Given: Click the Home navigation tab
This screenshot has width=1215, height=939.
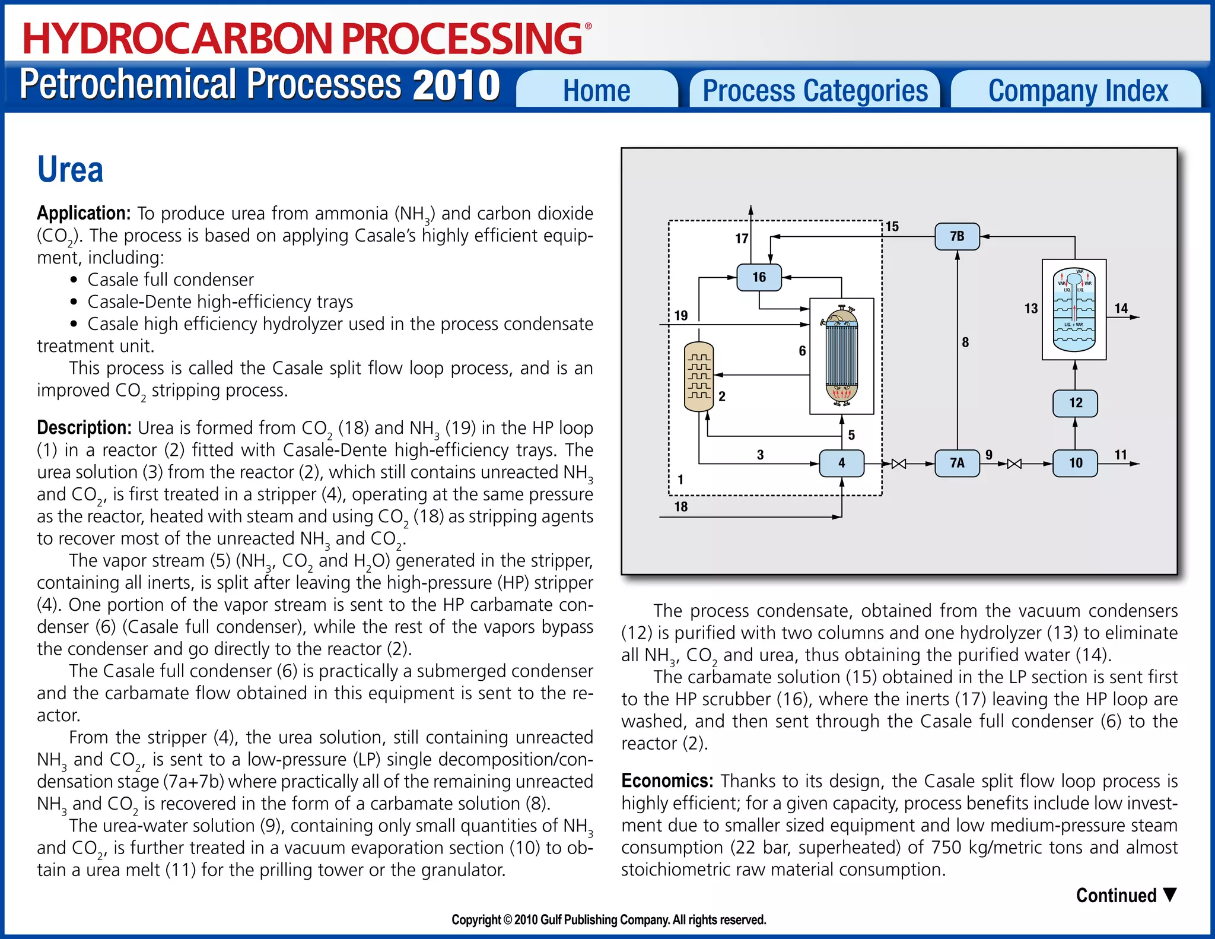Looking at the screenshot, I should click(596, 90).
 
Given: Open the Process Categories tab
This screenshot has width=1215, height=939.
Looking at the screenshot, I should click(815, 90).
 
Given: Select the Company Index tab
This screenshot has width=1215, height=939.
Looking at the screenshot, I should click(1077, 90).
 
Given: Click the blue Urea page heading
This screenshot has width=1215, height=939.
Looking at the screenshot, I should click(70, 170).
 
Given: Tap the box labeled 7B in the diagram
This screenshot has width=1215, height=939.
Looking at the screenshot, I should click(957, 236).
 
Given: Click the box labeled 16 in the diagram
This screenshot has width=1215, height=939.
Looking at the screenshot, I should click(759, 277).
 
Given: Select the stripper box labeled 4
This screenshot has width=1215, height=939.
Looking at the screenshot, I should click(841, 463).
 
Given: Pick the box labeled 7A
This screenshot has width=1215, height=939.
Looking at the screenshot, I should click(957, 463).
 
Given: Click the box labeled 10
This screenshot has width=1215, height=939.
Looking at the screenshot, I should click(1075, 463).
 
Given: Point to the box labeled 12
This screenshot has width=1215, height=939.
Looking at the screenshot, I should click(1075, 403).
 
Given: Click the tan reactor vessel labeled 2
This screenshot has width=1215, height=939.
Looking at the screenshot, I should click(699, 377).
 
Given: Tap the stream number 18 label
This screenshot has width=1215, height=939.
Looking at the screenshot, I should click(680, 506).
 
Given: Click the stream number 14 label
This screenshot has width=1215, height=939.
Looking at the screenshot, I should click(1121, 308).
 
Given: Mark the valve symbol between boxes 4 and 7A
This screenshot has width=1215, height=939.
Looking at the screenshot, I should click(899, 464).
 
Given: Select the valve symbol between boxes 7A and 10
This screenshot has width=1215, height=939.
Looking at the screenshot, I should click(1014, 464).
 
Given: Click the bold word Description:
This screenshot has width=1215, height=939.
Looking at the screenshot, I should click(84, 427).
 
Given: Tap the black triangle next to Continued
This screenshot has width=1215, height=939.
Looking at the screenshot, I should click(1170, 894).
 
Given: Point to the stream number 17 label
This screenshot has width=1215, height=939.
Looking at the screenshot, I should click(742, 239).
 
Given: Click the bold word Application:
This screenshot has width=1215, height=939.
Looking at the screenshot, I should click(84, 213).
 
